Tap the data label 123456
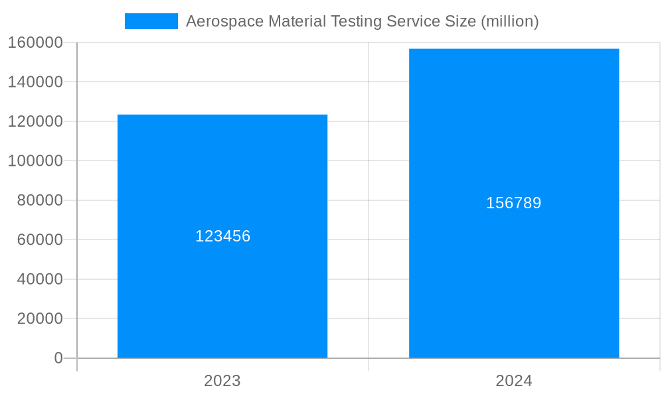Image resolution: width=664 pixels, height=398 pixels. (222, 236)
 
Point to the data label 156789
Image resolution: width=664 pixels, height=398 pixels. (514, 203)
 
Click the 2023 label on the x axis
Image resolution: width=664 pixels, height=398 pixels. (222, 381)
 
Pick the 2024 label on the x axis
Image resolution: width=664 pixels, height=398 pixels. (514, 381)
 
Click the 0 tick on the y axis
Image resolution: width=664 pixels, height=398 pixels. (58, 358)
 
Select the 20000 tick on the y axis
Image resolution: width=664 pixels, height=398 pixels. (39, 318)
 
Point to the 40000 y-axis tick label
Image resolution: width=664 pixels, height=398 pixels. (39, 279)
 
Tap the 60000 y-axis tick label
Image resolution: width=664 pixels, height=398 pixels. (39, 239)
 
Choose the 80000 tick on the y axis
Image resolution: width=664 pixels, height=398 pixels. (39, 200)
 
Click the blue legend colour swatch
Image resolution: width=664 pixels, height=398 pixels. (151, 21)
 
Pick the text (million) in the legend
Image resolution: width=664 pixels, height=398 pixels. (509, 21)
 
